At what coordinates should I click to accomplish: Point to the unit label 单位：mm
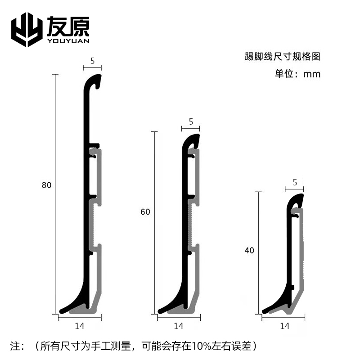298,74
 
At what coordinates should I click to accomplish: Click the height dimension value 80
46,185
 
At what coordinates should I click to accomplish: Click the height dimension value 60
145,212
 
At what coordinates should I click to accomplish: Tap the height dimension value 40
249,251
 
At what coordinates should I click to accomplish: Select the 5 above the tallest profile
92,59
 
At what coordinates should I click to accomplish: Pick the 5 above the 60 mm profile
191,121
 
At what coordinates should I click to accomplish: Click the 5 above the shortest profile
295,182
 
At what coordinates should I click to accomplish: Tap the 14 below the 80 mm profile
80,325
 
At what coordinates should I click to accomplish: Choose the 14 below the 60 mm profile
178,325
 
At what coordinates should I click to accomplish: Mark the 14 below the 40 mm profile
284,325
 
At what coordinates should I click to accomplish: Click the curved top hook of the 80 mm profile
94,81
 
